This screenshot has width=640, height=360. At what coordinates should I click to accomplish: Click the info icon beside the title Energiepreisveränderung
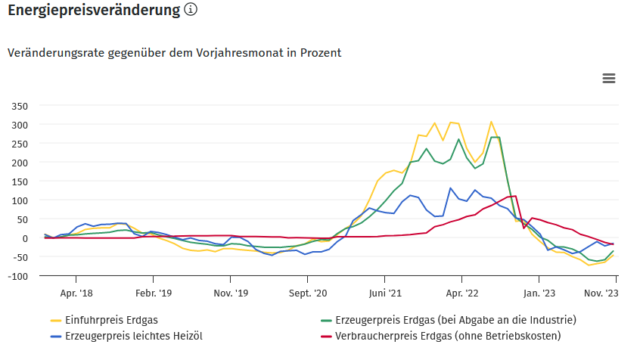pyautogui.click(x=191, y=11)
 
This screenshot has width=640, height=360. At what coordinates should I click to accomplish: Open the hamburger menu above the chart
pyautogui.click(x=608, y=79)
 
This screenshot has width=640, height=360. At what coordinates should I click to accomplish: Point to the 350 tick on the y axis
pyautogui.click(x=19, y=106)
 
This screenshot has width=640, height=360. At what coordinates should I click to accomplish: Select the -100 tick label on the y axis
pyautogui.click(x=17, y=276)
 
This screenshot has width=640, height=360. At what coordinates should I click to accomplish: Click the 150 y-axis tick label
pyautogui.click(x=19, y=182)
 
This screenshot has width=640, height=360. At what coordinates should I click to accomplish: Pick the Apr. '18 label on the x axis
pyautogui.click(x=76, y=292)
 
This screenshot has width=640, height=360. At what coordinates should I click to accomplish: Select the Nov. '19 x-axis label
pyautogui.click(x=231, y=292)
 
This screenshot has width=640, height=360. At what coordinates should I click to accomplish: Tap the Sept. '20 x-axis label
pyautogui.click(x=307, y=292)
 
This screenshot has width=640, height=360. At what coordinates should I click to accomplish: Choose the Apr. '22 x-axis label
pyautogui.click(x=461, y=292)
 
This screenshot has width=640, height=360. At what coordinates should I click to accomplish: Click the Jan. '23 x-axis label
pyautogui.click(x=540, y=292)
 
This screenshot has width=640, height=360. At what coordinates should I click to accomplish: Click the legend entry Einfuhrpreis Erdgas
pyautogui.click(x=112, y=319)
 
